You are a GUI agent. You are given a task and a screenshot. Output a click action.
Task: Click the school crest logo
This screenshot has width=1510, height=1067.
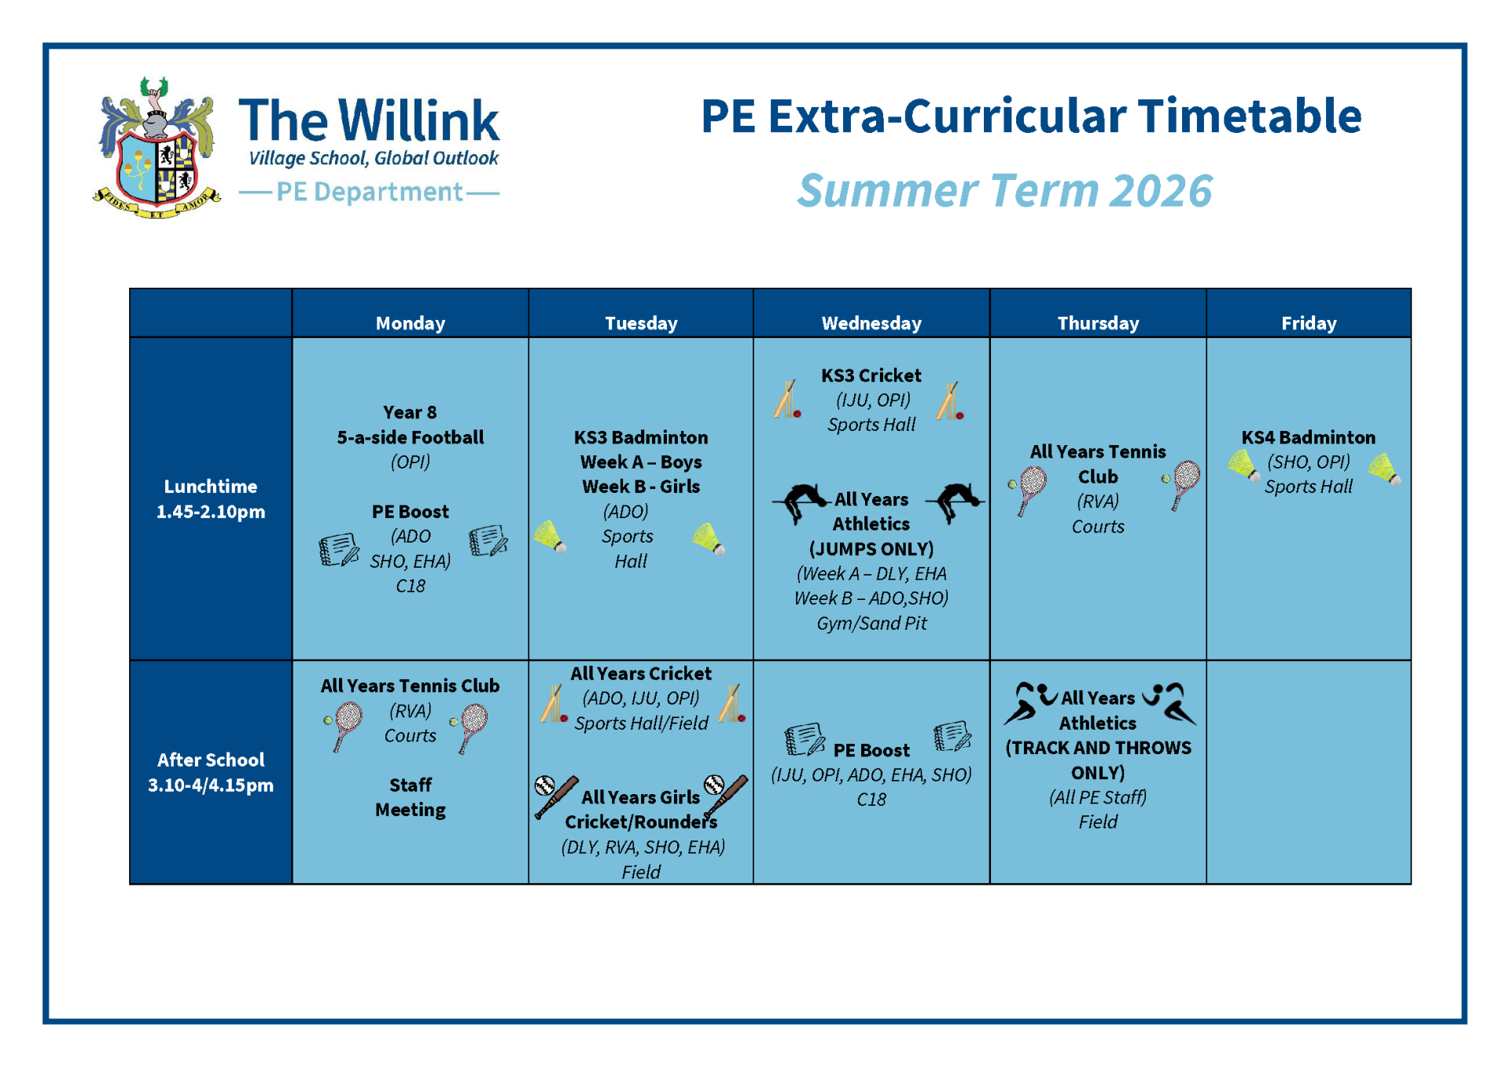(x=157, y=148)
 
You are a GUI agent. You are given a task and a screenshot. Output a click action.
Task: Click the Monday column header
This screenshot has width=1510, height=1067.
(x=410, y=323)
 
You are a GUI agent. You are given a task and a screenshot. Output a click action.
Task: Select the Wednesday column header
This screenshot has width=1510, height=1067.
(x=871, y=323)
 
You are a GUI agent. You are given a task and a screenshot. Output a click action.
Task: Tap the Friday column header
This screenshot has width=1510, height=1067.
(x=1309, y=323)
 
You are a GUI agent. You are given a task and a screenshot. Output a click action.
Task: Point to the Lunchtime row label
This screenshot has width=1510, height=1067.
(x=211, y=499)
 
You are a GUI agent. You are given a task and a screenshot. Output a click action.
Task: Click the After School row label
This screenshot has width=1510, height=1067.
(x=211, y=772)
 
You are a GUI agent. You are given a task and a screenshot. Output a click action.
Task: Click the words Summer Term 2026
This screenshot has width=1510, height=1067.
(x=1004, y=191)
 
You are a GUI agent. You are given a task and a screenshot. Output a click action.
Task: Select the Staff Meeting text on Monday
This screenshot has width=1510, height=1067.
(x=411, y=797)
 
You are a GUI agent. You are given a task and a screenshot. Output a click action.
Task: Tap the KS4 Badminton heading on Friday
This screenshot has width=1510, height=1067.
(x=1309, y=437)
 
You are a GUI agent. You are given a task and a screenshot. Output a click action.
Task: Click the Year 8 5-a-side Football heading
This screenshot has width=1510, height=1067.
(x=411, y=425)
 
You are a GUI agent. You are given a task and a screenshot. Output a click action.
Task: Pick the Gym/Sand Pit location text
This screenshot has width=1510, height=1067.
(x=871, y=624)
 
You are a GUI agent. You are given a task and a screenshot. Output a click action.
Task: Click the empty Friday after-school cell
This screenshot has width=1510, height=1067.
(x=1309, y=772)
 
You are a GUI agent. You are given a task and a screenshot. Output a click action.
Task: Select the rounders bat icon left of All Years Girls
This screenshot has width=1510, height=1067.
(x=555, y=797)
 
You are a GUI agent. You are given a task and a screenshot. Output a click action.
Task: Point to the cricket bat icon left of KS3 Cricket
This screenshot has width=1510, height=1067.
(x=787, y=399)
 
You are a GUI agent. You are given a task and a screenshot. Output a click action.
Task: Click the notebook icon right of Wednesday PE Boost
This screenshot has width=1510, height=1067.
(x=952, y=738)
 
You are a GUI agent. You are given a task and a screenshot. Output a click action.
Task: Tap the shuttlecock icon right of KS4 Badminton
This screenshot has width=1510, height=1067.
(x=1384, y=469)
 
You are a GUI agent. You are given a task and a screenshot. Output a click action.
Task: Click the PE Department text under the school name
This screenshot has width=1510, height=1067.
(x=370, y=192)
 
